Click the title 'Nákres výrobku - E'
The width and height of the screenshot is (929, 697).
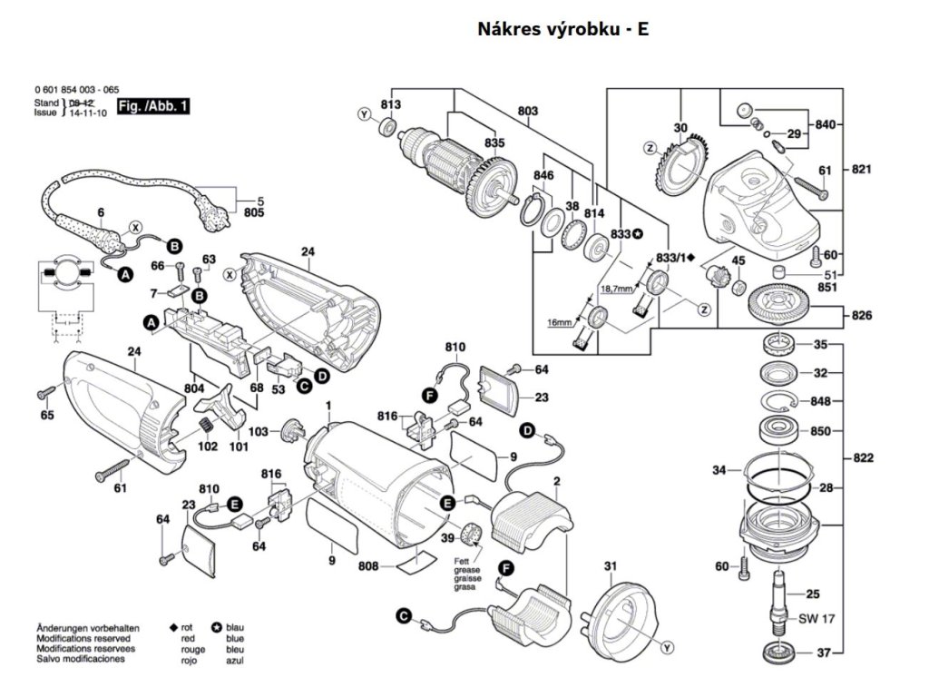coord(562,29)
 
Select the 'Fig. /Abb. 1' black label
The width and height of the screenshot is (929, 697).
coord(155,106)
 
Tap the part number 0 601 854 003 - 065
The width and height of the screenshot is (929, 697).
coord(76,91)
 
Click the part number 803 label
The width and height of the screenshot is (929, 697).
coord(528,110)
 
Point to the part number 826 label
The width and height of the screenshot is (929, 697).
coord(862,316)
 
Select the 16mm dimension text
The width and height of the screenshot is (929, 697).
coord(560,322)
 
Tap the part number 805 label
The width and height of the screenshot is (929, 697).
coord(254,213)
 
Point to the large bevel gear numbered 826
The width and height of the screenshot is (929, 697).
coord(784,303)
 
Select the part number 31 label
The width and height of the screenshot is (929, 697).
coord(611,567)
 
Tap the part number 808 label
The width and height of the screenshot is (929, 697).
coord(367,568)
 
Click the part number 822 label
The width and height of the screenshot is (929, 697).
coord(864,458)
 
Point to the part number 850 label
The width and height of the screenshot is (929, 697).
coord(820,431)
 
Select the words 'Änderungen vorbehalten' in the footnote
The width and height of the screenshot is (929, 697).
coord(88,628)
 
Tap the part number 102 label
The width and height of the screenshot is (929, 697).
coord(209,446)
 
